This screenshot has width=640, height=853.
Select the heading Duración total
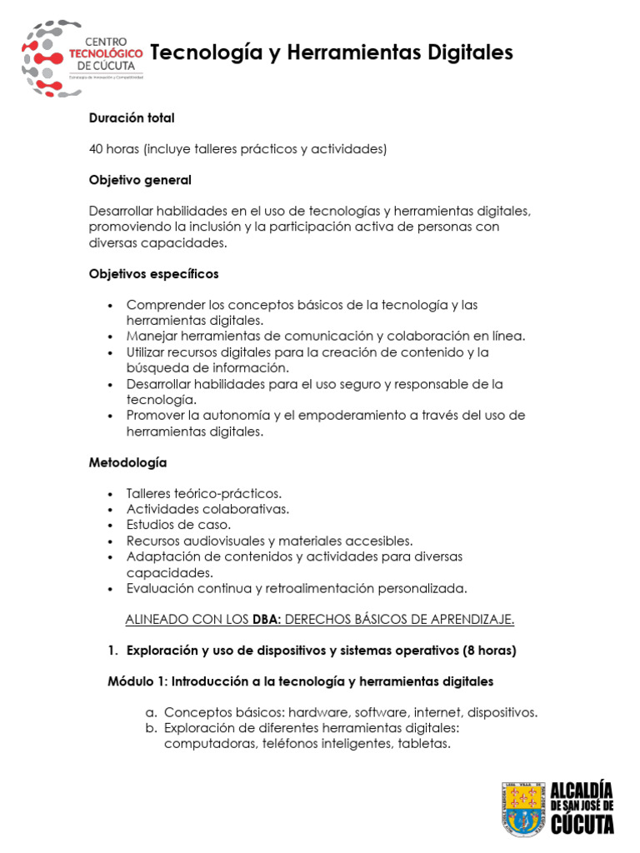[132, 118]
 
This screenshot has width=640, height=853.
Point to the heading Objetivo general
[140, 180]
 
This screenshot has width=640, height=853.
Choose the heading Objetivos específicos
[154, 273]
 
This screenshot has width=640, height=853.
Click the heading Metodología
[127, 461]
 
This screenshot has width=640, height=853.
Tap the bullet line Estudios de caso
[178, 525]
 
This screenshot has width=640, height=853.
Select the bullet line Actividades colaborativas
[207, 508]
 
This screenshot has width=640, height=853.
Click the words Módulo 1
[137, 681]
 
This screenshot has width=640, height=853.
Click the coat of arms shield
[523, 809]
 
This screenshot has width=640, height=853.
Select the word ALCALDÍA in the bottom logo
[582, 790]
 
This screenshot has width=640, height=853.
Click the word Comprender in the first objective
[161, 305]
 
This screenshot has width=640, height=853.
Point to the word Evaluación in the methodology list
[160, 588]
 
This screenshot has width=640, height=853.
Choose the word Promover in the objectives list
[156, 415]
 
